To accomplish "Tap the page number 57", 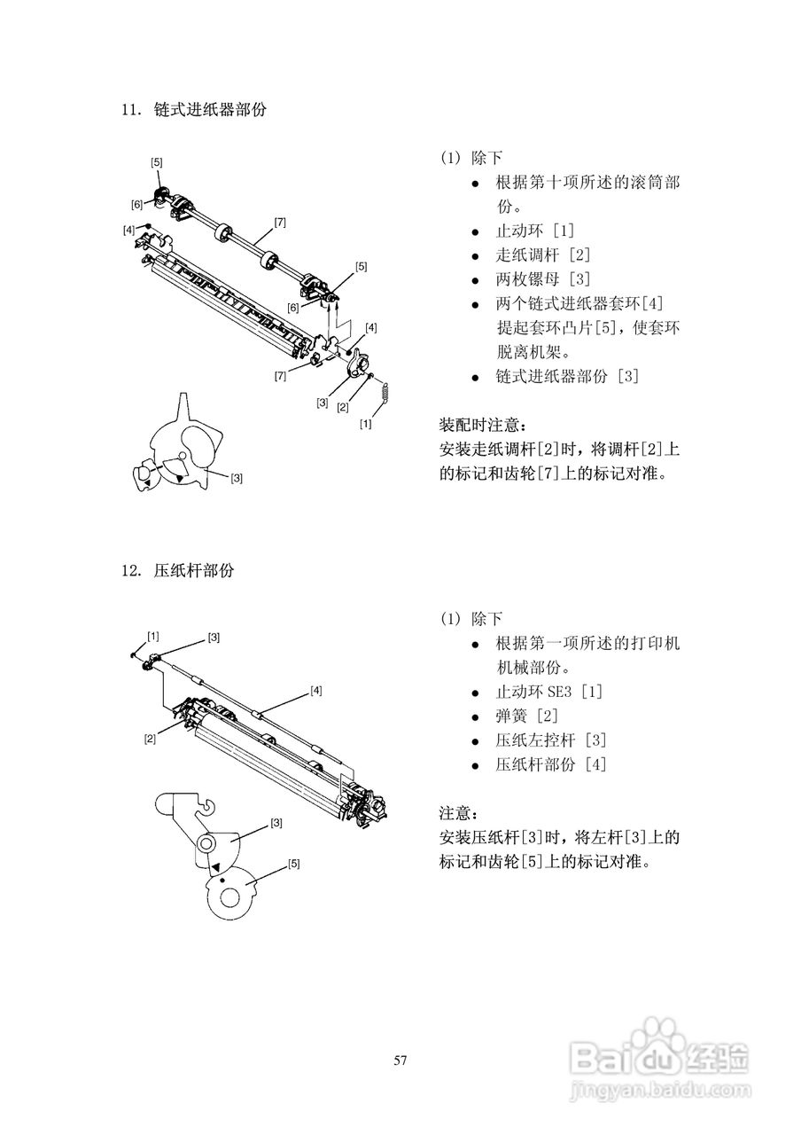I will point(400,1061).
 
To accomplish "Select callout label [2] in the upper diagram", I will point(342,407).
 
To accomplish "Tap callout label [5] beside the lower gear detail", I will point(293,862).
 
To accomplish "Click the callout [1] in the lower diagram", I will point(153,635).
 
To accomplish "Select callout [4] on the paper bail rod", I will point(315,689).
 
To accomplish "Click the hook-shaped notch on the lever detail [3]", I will point(206,807).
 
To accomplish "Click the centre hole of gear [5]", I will point(229,898).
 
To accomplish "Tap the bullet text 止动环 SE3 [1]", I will point(549,692).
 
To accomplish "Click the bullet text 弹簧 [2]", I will point(526,716).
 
